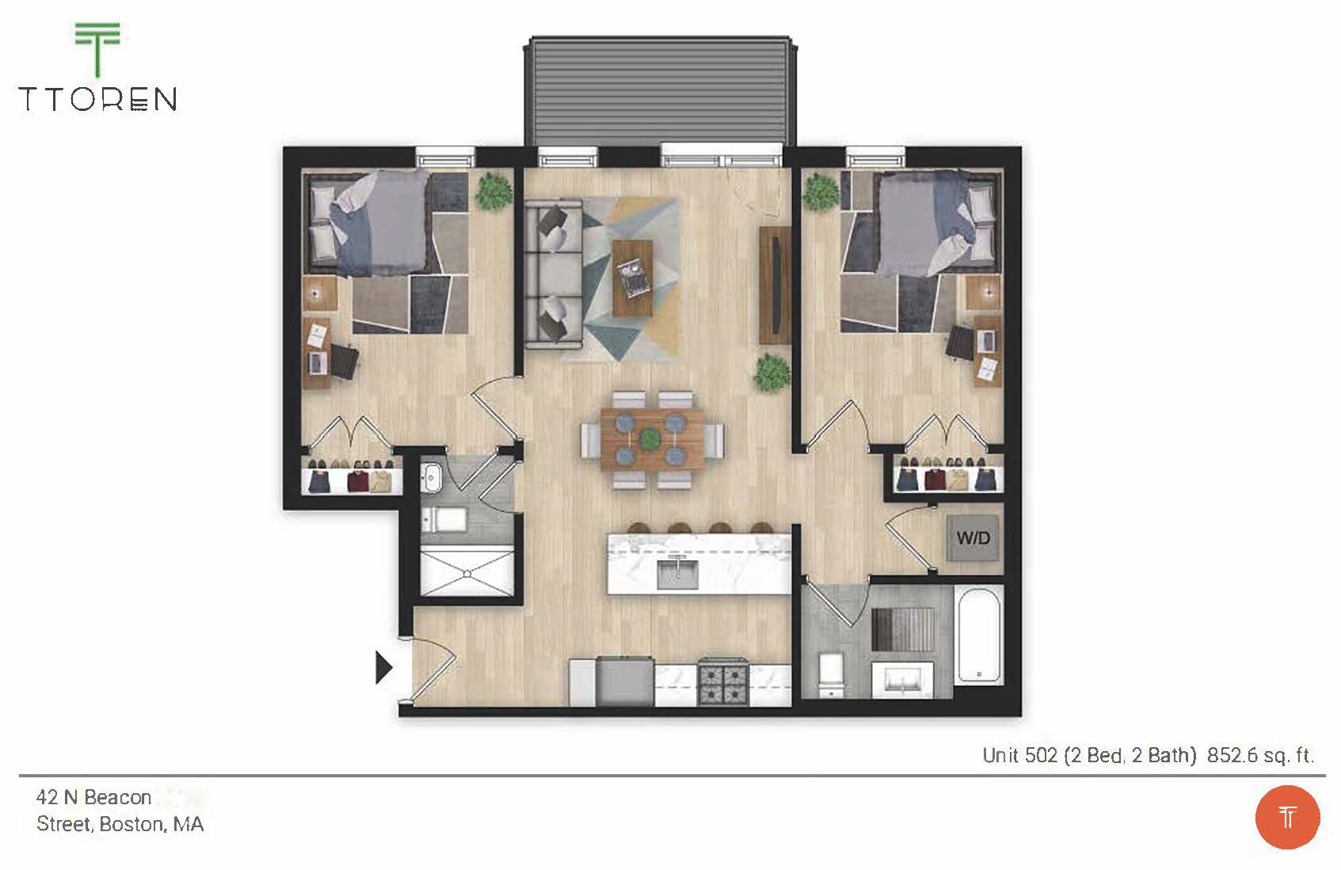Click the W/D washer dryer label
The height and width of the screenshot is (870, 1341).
[x=973, y=539]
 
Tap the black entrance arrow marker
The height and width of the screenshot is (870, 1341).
[x=383, y=667]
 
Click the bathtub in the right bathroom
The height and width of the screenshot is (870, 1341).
[x=979, y=634]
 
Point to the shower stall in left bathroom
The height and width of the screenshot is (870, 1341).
[x=467, y=572]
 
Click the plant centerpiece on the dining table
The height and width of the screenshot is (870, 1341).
[x=650, y=438]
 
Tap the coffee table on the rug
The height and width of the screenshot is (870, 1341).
[x=633, y=278]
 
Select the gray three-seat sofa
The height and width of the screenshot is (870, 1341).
[x=552, y=274]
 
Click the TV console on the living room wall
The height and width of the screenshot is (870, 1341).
[x=775, y=285]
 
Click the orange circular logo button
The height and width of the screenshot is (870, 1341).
[x=1287, y=817]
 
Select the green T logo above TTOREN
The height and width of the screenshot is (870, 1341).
[x=97, y=48]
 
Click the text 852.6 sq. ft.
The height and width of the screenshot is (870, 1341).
[x=1260, y=755]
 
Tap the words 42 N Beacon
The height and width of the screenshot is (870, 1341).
[x=93, y=797]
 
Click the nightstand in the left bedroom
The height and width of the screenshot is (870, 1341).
[x=320, y=293]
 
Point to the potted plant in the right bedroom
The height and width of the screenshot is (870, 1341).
[x=820, y=192]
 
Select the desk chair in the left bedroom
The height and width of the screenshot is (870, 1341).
[x=345, y=361]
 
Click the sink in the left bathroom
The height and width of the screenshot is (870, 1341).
[x=431, y=476]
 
